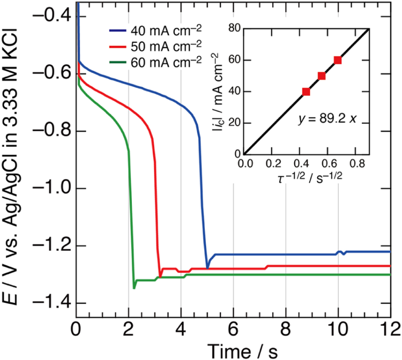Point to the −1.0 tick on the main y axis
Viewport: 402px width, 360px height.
pos(54,189)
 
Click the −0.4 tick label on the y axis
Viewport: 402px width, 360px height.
pos(54,16)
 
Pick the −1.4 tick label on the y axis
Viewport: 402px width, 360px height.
pos(54,303)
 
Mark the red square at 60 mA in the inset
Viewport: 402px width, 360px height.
pos(338,60)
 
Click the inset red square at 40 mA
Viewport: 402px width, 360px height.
pos(306,92)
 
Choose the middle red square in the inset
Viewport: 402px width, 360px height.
pos(322,76)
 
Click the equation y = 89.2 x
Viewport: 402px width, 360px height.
pos(328,119)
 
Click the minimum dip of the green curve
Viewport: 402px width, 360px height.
pos(134,288)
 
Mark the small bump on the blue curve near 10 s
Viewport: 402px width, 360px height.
pos(341,253)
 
